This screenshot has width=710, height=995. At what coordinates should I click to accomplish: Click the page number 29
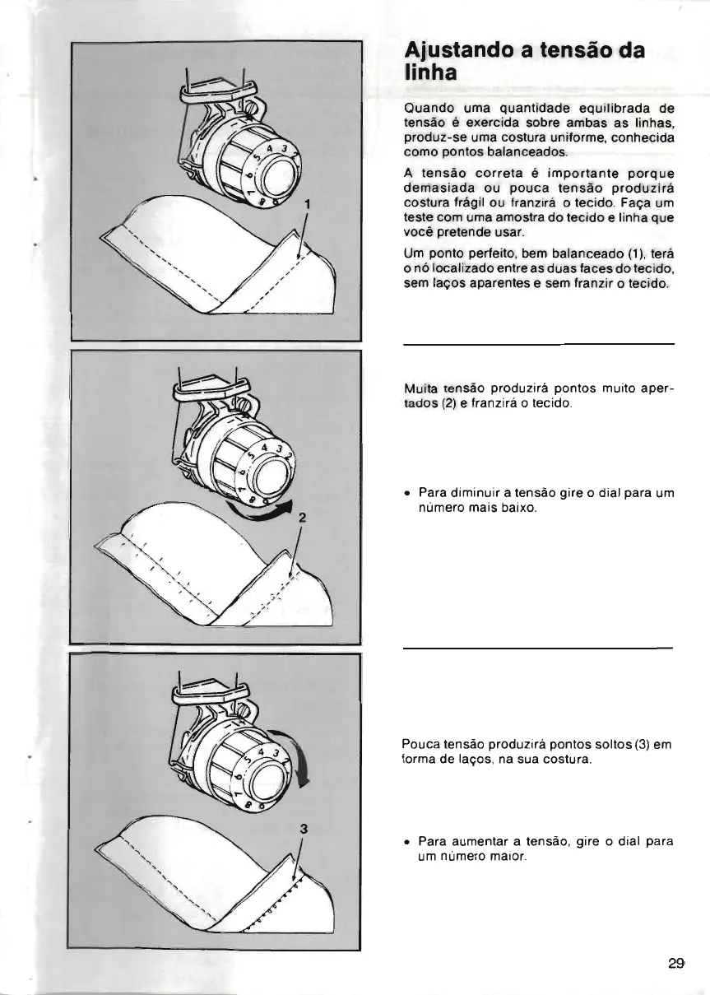point(676,964)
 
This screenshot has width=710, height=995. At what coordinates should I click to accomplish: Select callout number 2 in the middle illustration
point(302,518)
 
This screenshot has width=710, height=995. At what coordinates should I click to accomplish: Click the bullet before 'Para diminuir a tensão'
point(407,493)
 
